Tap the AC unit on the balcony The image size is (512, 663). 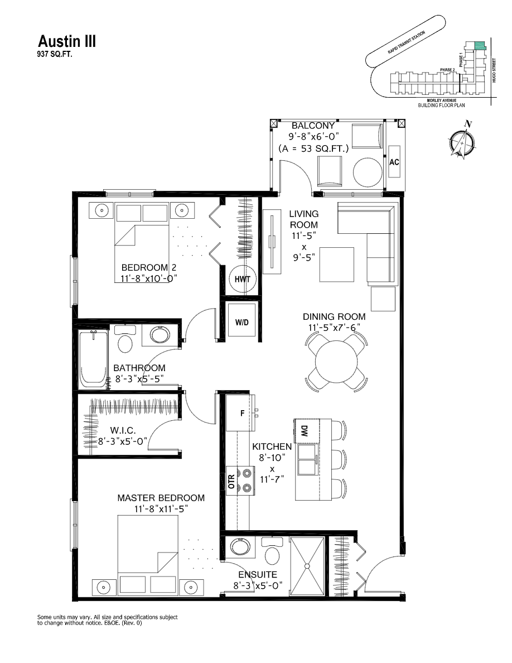click(x=394, y=162)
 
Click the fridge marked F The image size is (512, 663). click(x=241, y=413)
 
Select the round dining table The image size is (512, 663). click(x=336, y=361)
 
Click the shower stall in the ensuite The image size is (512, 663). click(x=306, y=566)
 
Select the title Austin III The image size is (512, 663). click(x=66, y=41)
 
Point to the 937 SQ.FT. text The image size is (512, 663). click(x=55, y=55)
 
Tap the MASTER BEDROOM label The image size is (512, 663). click(x=161, y=498)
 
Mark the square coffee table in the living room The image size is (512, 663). click(x=336, y=265)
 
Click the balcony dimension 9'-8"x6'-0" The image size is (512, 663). click(x=313, y=137)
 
